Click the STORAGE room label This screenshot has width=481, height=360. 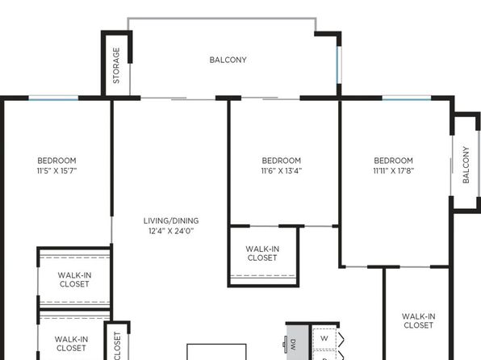pos(116,65)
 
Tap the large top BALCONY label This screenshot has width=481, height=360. pos(228,60)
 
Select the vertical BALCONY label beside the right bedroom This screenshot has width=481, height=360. pos(466,165)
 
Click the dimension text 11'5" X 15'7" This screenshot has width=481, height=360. pos(56,170)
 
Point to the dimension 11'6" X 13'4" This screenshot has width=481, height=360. pos(282,170)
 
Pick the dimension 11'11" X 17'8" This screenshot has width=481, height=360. pos(394,170)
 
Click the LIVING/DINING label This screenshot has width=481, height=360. pos(171,220)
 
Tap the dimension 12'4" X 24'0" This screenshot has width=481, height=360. pos(171,231)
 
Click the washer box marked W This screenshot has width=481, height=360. pos(324,338)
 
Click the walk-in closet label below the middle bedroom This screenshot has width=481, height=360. pos(262,253)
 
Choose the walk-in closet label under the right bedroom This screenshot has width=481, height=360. pos(418,320)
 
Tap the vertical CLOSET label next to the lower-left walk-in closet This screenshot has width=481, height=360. pos(118,345)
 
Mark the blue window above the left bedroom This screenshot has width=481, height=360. pos(53,98)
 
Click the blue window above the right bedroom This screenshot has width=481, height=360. pos(407,98)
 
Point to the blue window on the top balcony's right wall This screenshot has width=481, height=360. pos(338,65)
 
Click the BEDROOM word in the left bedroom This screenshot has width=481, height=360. pos(56,161)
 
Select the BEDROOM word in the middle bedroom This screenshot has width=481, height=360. pos(282,161)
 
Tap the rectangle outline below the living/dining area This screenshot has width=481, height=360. pos(216,345)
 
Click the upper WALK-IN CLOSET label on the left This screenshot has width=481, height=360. pos(74,279)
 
